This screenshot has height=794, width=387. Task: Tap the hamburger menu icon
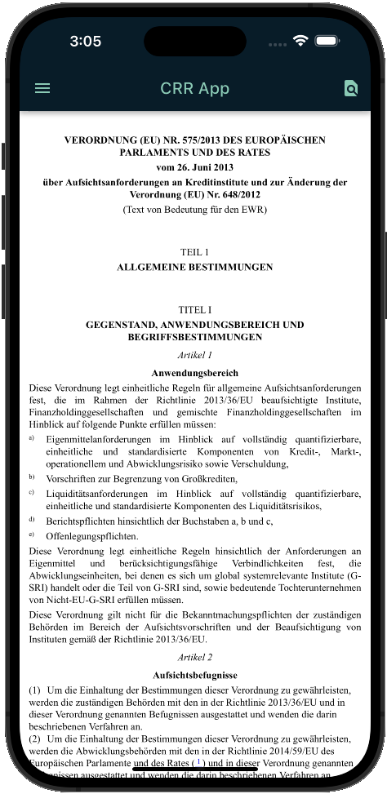(x=42, y=88)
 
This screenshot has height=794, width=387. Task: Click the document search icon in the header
(x=351, y=88)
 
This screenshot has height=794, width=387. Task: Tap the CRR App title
(x=195, y=88)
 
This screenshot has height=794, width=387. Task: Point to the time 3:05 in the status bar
(x=86, y=41)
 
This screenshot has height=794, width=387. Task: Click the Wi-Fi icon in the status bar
(x=300, y=41)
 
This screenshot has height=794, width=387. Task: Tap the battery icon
(x=327, y=41)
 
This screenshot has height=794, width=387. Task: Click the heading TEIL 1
(x=194, y=252)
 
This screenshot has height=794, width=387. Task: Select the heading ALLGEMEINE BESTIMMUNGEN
(x=194, y=267)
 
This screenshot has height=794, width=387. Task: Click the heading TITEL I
(x=194, y=310)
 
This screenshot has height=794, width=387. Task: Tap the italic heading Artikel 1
(x=194, y=355)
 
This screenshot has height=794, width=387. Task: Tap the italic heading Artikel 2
(x=194, y=657)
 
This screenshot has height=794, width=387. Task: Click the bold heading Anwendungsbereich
(x=194, y=372)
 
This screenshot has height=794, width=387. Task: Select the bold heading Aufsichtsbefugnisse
(x=194, y=675)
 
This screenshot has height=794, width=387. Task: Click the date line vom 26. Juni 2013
(x=194, y=166)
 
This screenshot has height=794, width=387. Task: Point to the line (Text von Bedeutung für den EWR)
(x=194, y=210)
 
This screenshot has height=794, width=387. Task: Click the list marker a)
(x=32, y=438)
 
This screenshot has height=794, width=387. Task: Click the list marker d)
(x=32, y=519)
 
